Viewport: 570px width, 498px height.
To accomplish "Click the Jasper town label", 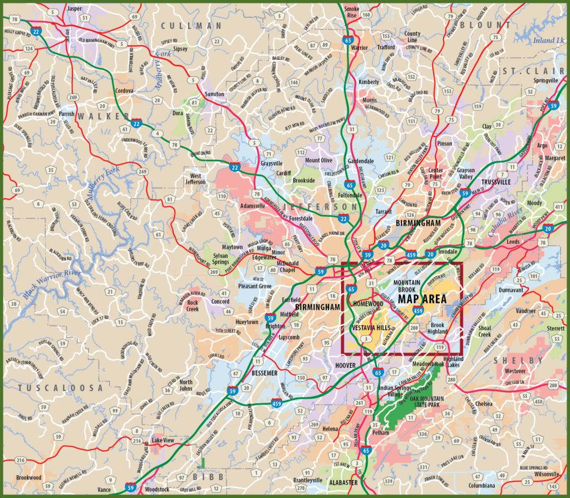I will (x=74, y=9).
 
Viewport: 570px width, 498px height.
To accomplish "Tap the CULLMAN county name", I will (x=191, y=26).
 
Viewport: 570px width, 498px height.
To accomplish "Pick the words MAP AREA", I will (x=422, y=299).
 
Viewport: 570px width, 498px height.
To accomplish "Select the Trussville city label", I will (x=496, y=182).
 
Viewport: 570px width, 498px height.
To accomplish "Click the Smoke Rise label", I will (x=352, y=12).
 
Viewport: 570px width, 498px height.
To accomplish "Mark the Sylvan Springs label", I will (x=220, y=259).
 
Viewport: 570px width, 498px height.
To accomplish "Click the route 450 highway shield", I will (x=538, y=401).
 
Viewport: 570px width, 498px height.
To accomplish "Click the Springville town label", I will (x=546, y=80).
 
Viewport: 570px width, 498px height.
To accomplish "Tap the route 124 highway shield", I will (x=28, y=49).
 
